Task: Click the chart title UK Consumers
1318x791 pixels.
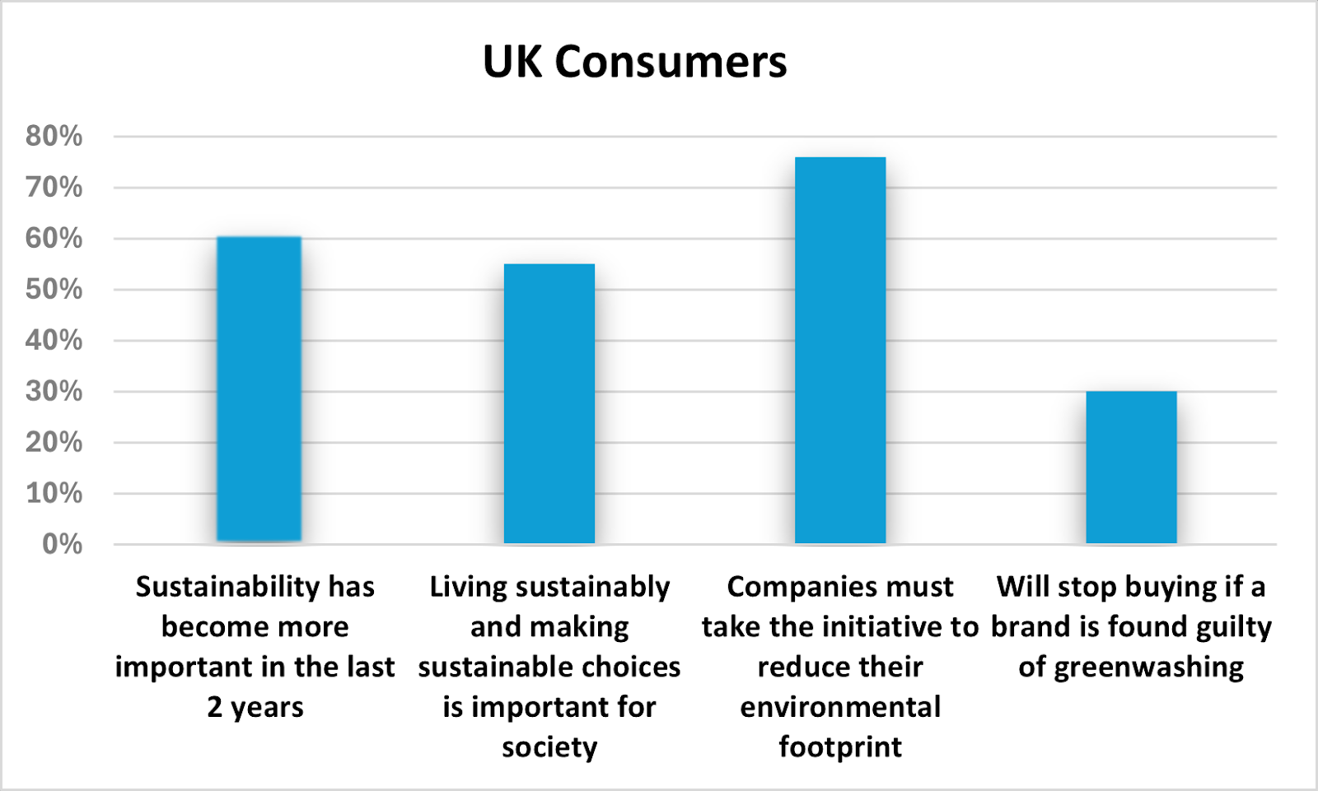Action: point(634,63)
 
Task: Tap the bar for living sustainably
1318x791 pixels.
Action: point(549,403)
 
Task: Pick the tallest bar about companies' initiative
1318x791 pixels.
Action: point(840,350)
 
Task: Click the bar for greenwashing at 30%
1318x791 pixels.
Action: point(1131,467)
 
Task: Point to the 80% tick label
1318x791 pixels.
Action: point(54,137)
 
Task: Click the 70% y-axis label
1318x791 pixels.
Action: point(54,188)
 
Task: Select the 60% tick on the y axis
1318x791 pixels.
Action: point(54,239)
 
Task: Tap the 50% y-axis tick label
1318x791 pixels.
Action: point(54,290)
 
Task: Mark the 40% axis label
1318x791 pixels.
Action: point(54,341)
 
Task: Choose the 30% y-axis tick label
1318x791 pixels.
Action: point(54,392)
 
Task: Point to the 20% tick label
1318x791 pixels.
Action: point(54,443)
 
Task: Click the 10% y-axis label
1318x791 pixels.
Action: point(54,494)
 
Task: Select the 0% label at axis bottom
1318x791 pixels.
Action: point(63,545)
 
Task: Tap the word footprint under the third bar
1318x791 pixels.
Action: point(840,747)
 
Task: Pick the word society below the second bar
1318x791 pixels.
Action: point(549,747)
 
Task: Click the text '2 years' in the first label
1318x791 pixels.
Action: point(255,708)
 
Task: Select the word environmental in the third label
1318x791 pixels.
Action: point(840,707)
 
